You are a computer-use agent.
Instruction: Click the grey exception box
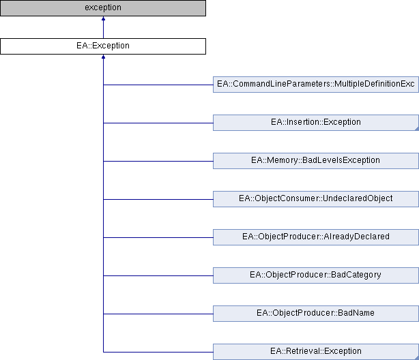coord(103,8)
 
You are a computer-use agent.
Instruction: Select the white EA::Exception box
coord(103,46)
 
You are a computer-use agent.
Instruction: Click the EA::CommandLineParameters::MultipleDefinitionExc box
coord(316,85)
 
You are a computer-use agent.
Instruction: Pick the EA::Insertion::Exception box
coord(316,123)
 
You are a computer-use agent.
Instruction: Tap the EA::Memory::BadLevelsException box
coord(316,161)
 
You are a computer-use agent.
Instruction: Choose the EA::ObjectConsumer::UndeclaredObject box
coord(316,199)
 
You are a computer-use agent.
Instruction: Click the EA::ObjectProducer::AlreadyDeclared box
coord(316,237)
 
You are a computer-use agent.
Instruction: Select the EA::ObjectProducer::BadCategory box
coord(316,275)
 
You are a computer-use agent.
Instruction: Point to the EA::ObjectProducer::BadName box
coord(316,314)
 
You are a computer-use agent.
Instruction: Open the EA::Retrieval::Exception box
coord(316,352)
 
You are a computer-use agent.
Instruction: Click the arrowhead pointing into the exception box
coord(103,18)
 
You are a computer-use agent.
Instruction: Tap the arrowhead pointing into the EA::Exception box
coord(103,57)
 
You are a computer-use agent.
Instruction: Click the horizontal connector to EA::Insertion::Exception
coord(158,123)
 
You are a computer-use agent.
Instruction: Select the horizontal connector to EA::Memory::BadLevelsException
coord(158,162)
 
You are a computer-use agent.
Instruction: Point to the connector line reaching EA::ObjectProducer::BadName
coord(158,314)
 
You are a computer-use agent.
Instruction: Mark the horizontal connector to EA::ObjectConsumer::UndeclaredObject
coord(158,200)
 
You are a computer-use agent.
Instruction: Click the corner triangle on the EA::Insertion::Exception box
coord(417,129)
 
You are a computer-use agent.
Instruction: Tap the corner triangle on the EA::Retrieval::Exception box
coord(417,358)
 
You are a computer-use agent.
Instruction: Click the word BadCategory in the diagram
coord(356,275)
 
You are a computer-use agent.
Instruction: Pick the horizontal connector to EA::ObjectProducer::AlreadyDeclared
coord(158,238)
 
